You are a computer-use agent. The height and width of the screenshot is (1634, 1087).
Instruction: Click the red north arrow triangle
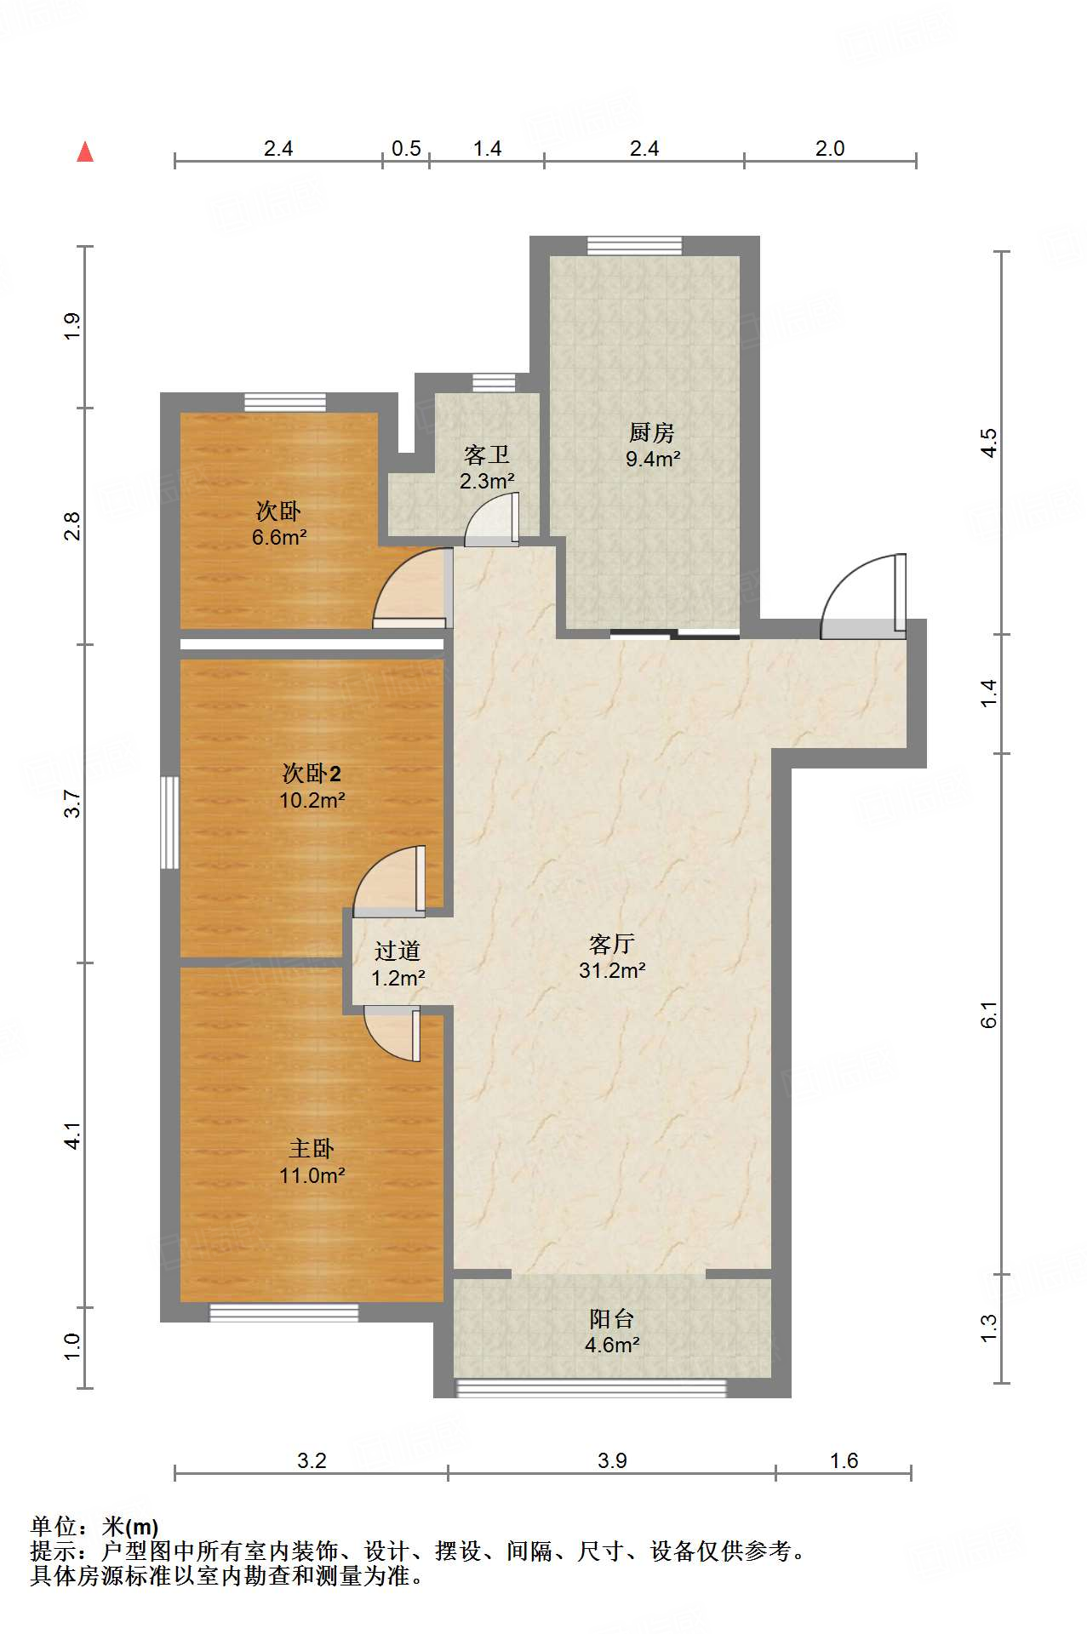tap(85, 151)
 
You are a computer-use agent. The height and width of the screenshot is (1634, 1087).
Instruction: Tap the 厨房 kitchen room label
tap(652, 432)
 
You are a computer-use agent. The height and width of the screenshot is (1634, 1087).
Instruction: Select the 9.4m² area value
tap(653, 459)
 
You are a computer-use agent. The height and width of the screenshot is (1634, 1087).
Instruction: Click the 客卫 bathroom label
tap(487, 454)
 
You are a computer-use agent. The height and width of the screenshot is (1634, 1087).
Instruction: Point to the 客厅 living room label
tap(612, 944)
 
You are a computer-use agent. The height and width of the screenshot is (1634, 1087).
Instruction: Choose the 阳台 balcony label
tap(612, 1318)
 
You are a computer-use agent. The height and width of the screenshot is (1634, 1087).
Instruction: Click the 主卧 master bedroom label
tap(312, 1149)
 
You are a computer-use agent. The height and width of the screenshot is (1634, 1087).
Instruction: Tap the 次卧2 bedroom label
tap(312, 774)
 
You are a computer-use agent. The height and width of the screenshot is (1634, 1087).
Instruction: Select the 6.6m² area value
tap(279, 537)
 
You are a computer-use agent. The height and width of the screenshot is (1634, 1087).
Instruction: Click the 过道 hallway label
tap(398, 951)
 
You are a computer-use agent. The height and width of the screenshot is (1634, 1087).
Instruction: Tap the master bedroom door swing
tap(392, 1033)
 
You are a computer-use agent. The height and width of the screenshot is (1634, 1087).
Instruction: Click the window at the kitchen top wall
tap(634, 245)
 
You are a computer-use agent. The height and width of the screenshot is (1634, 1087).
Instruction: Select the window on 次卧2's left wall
tap(170, 822)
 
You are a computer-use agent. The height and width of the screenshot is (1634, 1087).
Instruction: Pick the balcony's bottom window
tap(592, 1388)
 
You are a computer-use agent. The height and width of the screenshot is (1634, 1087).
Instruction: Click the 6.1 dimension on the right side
tap(988, 1014)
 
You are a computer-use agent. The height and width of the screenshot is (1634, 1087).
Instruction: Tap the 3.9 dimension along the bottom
tap(612, 1460)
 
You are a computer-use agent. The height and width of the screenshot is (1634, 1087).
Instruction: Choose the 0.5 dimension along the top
tap(406, 148)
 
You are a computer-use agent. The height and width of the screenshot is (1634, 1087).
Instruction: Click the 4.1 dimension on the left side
tap(72, 1135)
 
